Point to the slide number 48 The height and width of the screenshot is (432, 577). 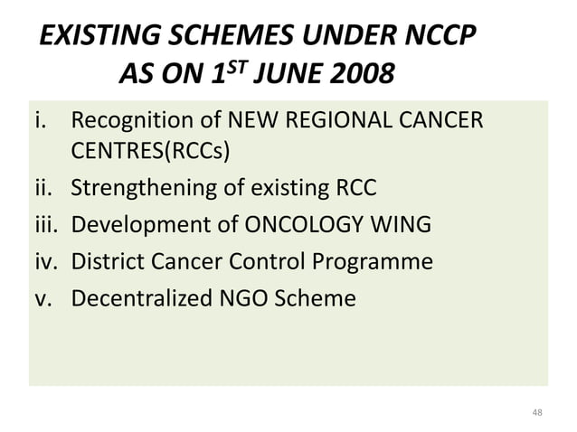[537, 413]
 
